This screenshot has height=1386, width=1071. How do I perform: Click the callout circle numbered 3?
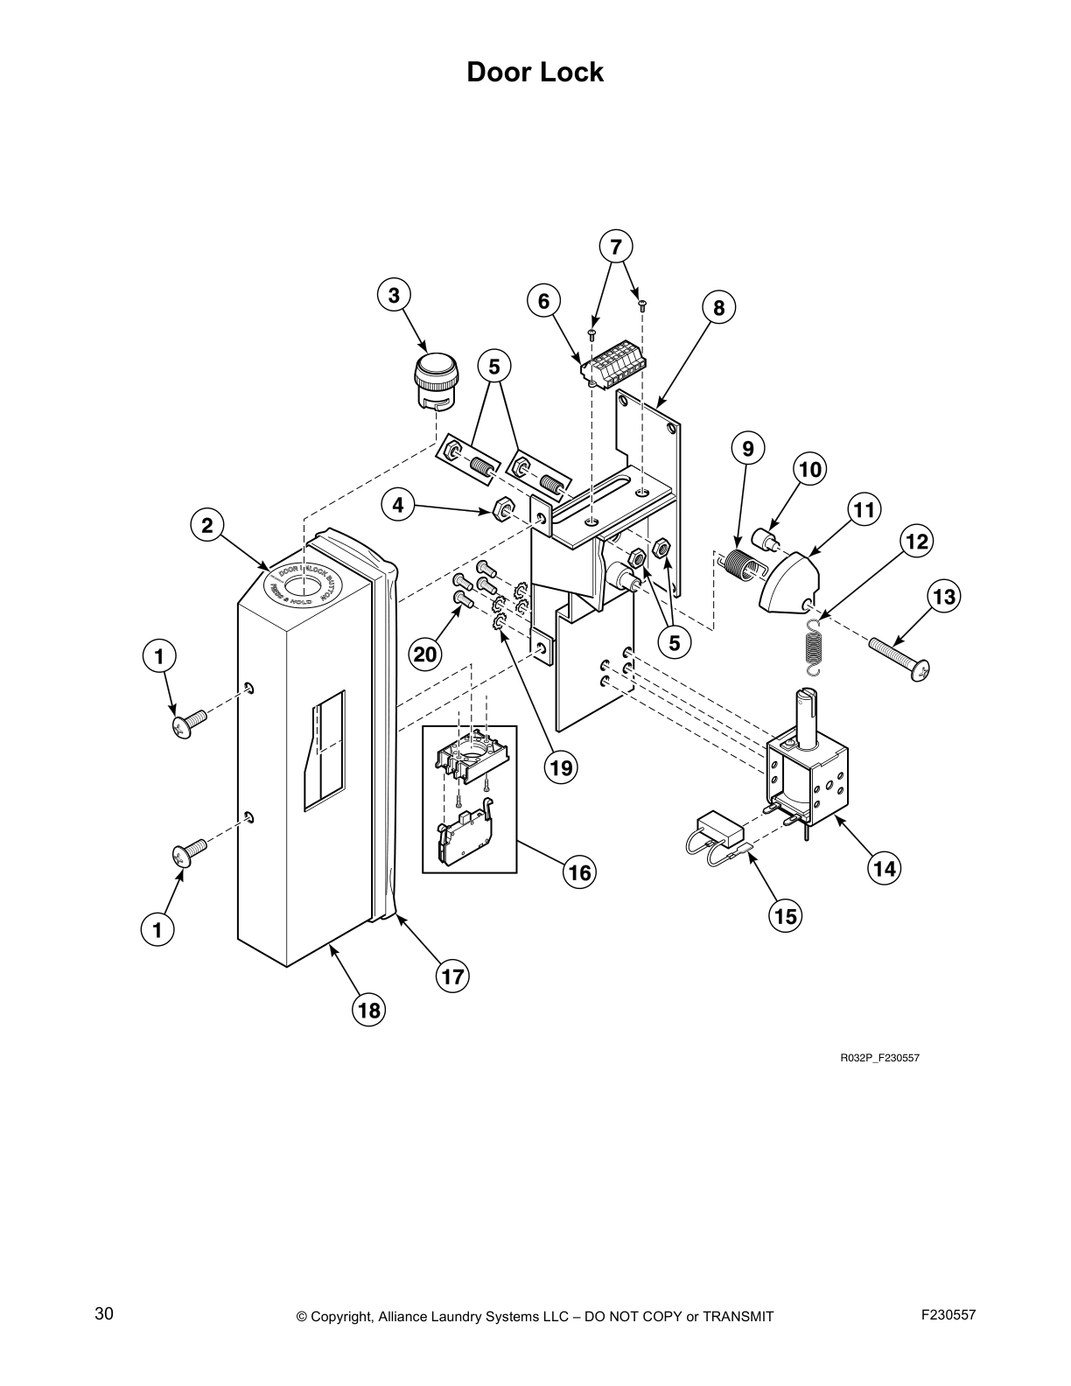pyautogui.click(x=394, y=296)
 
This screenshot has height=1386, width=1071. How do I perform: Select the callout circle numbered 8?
pyautogui.click(x=718, y=307)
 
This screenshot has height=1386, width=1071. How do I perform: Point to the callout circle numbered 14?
pyautogui.click(x=885, y=868)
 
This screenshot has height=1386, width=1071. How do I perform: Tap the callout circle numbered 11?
pyautogui.click(x=864, y=509)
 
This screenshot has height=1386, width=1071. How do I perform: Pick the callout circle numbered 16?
pyautogui.click(x=579, y=871)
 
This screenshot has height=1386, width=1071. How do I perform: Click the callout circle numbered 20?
pyautogui.click(x=425, y=654)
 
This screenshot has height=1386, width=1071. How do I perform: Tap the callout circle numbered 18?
pyautogui.click(x=369, y=1011)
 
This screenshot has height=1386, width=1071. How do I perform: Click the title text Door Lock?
pyautogui.click(x=535, y=72)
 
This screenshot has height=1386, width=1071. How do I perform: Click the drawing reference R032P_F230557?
pyautogui.click(x=879, y=1058)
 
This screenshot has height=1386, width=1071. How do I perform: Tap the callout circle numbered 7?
pyautogui.click(x=616, y=247)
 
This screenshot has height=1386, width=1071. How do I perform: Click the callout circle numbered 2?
pyautogui.click(x=207, y=525)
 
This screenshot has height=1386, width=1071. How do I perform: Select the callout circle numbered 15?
pyautogui.click(x=786, y=915)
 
